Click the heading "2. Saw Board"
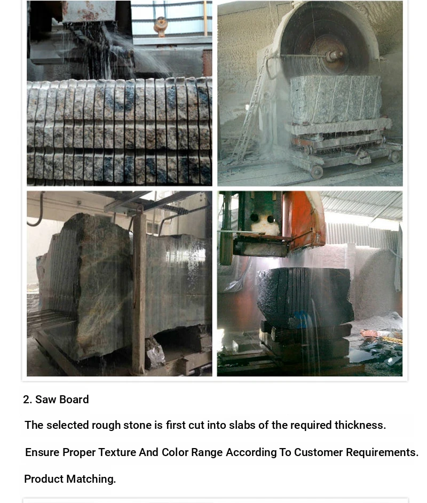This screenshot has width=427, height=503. [56, 400]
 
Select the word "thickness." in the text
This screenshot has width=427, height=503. [360, 425]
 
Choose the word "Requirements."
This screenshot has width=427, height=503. [382, 452]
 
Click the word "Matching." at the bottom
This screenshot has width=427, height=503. [91, 479]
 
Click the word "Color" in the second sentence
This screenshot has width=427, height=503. [175, 452]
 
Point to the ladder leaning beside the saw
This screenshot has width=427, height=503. [250, 109]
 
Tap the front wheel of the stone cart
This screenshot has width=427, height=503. [316, 172]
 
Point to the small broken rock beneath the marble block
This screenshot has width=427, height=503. [155, 352]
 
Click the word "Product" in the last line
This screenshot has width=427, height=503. [44, 479]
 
